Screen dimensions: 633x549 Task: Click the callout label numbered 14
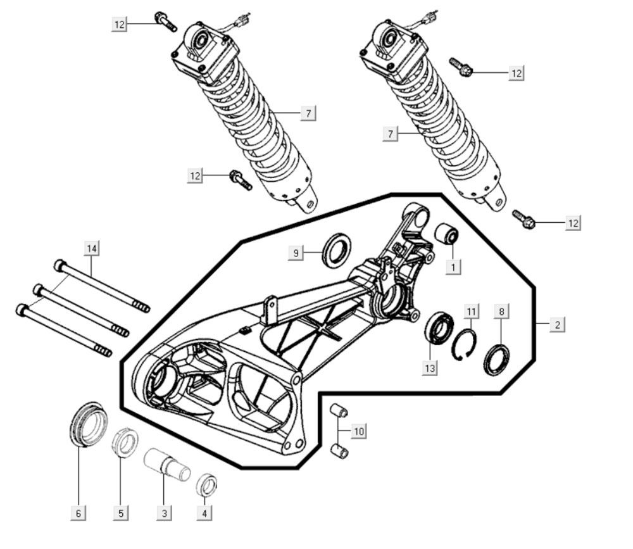pos(92,248)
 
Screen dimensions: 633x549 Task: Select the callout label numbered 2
pos(558,324)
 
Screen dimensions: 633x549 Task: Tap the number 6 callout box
pos(78,513)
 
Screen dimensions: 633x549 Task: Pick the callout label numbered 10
pos(359,431)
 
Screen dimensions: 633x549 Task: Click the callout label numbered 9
pos(296,253)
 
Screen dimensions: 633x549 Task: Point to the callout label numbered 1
pos(453,267)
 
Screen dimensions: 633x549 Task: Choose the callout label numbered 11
pos(472,312)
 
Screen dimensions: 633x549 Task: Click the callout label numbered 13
pos(430,368)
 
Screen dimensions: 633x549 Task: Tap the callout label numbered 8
pos(502,312)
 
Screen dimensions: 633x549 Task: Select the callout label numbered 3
pos(165,513)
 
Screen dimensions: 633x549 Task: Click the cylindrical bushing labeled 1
pos(446,233)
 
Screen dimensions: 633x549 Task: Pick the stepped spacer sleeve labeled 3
pos(167,465)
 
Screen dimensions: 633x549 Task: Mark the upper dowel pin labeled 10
pos(339,411)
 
